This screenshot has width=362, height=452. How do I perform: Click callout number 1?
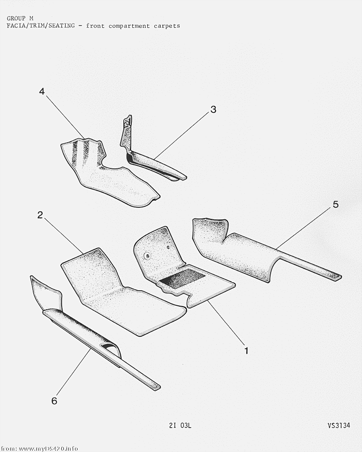point(246,351)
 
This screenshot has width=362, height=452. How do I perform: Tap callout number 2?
point(40,215)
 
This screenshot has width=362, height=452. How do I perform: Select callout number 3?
point(213,109)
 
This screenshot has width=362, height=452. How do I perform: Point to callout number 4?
point(42,92)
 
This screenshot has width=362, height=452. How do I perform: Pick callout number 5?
point(335,204)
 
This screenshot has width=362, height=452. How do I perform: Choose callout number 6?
point(54,401)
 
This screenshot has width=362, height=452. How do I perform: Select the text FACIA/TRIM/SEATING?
point(41,26)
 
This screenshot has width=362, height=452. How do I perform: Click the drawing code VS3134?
point(339,425)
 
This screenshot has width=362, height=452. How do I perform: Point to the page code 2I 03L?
point(180,425)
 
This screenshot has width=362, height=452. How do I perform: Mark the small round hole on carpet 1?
point(168,247)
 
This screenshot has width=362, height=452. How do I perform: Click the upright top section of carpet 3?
point(126,132)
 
